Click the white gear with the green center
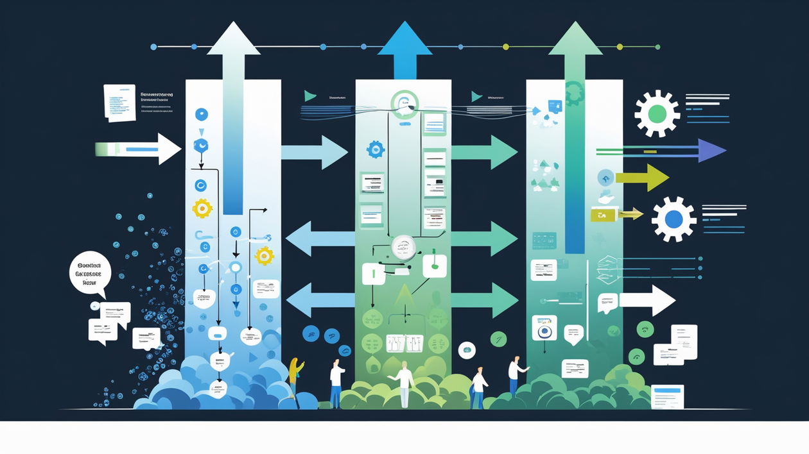tap(657, 113)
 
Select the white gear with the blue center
tap(674, 219)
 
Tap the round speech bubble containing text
tap(90, 273)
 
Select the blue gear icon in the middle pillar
tap(375, 149)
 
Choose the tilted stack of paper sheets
tap(119, 102)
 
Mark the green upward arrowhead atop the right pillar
tap(575, 40)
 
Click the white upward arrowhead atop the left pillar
tap(233, 40)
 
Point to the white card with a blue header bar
tap(667, 396)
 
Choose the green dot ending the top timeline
tap(657, 47)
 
